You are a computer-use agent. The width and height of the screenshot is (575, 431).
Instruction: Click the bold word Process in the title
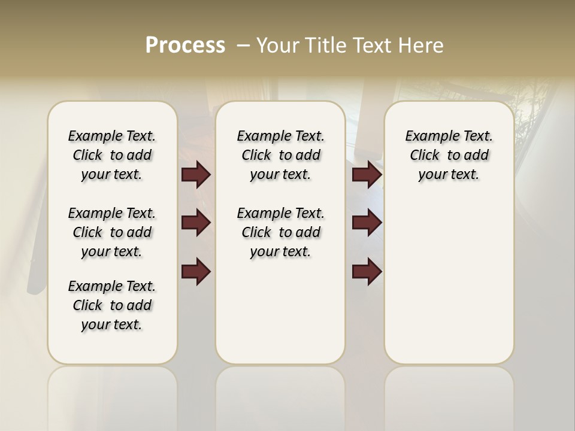[x=185, y=45]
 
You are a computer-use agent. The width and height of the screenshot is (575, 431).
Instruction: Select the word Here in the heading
[x=423, y=45]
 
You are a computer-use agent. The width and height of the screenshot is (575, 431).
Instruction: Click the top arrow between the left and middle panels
[x=196, y=174]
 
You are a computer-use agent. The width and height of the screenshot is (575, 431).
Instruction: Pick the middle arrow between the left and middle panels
[x=196, y=223]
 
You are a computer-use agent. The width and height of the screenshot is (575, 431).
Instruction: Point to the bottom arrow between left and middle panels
[x=196, y=272]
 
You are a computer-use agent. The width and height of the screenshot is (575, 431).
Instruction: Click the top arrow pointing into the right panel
[x=367, y=174]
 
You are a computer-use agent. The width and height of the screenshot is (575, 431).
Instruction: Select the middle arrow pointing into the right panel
[x=367, y=223]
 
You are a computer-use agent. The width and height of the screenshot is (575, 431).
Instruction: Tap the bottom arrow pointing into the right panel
[x=367, y=272]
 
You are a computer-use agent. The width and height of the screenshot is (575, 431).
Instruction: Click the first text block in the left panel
[x=112, y=155]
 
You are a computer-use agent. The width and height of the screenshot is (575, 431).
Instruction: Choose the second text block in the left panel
[x=112, y=232]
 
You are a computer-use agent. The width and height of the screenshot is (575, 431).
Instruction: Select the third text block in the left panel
[x=112, y=305]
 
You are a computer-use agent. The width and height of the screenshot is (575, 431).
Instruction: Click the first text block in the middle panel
[x=280, y=155]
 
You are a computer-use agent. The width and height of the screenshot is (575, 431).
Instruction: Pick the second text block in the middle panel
[x=280, y=232]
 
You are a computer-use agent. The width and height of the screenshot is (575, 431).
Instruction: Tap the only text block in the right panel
[x=449, y=155]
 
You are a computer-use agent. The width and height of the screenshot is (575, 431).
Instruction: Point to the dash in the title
[x=243, y=45]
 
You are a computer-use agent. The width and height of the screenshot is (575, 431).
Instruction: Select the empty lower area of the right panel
[x=449, y=287]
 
